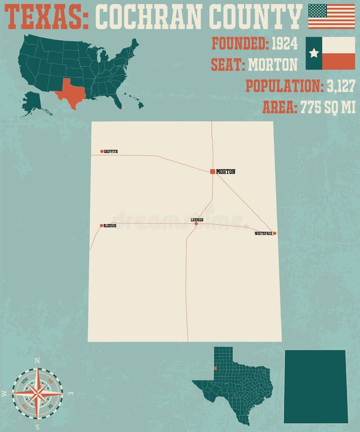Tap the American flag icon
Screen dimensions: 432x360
click(331, 16)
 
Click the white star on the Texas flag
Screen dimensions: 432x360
click(314, 53)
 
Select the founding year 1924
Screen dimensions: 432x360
click(285, 43)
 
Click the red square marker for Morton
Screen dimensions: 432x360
click(212, 171)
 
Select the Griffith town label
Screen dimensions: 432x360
click(111, 152)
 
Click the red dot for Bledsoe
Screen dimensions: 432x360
click(101, 225)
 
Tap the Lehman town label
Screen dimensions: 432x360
click(197, 220)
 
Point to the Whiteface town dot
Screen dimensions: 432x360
click(275, 233)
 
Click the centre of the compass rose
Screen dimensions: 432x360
click(37, 393)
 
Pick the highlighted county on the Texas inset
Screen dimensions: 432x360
click(215, 369)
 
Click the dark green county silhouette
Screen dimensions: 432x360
click(315, 386)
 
